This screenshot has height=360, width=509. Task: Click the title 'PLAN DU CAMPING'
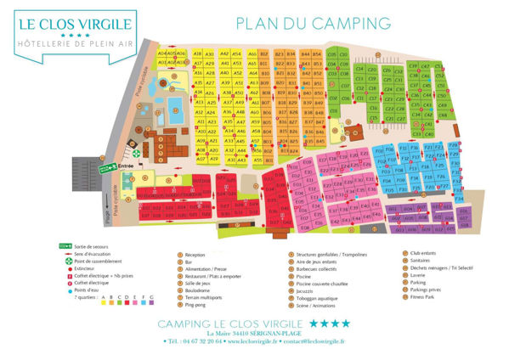click(313, 22)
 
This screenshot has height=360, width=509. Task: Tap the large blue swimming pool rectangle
click(175, 105)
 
